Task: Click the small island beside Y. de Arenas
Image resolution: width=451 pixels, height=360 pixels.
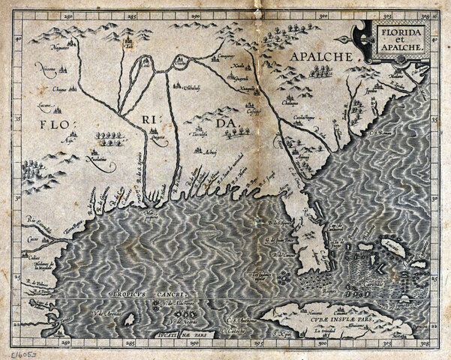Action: [x=128, y=319]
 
